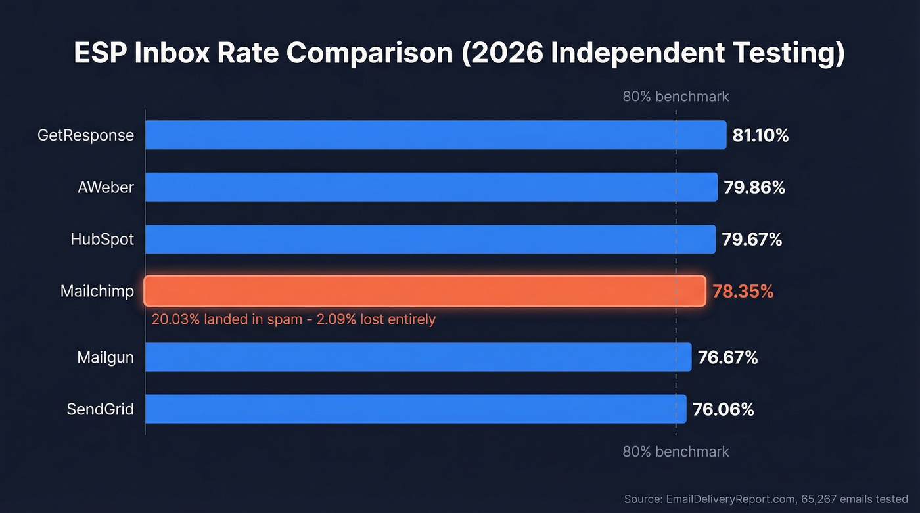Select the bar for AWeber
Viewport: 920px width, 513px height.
pyautogui.click(x=430, y=187)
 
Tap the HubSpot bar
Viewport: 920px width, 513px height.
pyautogui.click(x=430, y=239)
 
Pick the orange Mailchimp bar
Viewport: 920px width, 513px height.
pyautogui.click(x=425, y=291)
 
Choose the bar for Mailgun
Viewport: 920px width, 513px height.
pyautogui.click(x=418, y=357)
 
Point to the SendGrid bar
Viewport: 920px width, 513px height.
pyautogui.click(x=415, y=409)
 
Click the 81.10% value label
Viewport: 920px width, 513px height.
pyautogui.click(x=760, y=135)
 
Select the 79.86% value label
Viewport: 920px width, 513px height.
pyautogui.click(x=754, y=188)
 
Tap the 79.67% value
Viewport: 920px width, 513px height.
pyautogui.click(x=752, y=240)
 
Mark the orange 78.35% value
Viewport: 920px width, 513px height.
pyautogui.click(x=743, y=292)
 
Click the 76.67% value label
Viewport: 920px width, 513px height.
pyautogui.click(x=727, y=357)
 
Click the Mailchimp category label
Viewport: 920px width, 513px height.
pyautogui.click(x=97, y=291)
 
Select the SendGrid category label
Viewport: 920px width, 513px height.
pyautogui.click(x=101, y=409)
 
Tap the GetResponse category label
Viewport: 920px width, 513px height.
pyautogui.click(x=86, y=135)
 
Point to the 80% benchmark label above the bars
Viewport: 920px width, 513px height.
pyautogui.click(x=676, y=97)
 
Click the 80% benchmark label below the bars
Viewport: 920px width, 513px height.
pyautogui.click(x=676, y=452)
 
